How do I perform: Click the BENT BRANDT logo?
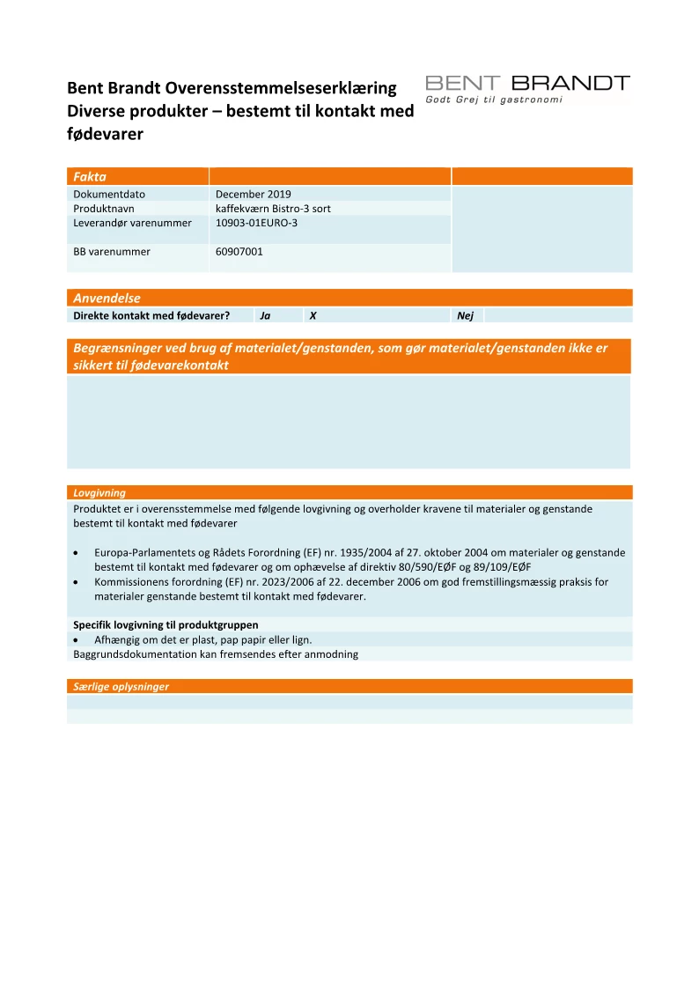(x=527, y=84)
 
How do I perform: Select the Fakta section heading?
(x=90, y=177)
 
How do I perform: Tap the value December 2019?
(x=254, y=195)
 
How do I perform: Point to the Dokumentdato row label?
(x=109, y=195)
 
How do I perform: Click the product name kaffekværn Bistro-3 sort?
(x=273, y=209)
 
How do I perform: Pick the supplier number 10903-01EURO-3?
(x=257, y=223)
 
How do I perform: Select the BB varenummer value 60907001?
(x=239, y=252)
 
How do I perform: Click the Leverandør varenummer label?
(x=132, y=223)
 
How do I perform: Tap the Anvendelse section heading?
(x=107, y=299)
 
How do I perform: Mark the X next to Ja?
(x=313, y=315)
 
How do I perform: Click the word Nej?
(x=466, y=315)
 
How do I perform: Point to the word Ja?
(x=265, y=315)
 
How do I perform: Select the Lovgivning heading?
(x=99, y=493)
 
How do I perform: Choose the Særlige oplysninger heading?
(x=121, y=687)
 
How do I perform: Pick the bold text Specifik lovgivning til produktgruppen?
(x=166, y=625)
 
